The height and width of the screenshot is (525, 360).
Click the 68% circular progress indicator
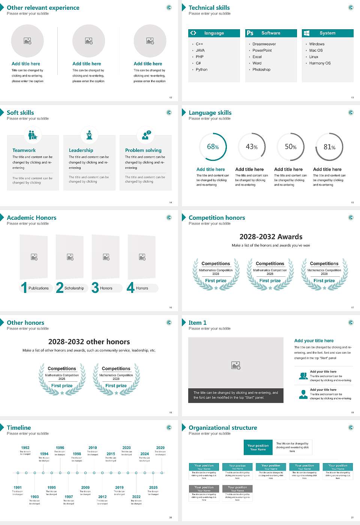coord(213,147)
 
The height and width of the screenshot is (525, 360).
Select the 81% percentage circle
coord(329,147)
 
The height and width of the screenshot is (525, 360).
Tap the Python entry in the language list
coord(201,69)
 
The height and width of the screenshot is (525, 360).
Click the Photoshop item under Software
coord(261,69)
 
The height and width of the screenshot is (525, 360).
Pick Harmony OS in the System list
coord(320,63)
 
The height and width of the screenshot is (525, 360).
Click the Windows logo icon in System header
coord(306,33)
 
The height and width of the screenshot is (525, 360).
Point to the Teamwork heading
coord(24,150)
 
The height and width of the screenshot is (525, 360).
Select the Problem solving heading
coord(143,150)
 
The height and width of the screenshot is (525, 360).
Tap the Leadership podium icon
coord(89,135)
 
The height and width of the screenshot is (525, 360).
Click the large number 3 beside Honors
coord(95,288)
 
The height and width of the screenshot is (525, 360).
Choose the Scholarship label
coord(74,288)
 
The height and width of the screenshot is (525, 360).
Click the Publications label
coord(39,288)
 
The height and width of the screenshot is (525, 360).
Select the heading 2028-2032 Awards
coord(271,237)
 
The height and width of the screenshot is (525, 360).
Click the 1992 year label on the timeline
coord(25,447)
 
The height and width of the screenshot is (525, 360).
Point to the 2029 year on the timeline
coord(160,447)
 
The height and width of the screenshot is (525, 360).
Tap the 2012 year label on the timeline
coord(102,496)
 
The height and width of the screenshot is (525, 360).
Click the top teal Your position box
coord(258,447)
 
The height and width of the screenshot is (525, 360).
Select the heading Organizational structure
coord(223,427)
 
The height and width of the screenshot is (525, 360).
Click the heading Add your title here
coord(314,340)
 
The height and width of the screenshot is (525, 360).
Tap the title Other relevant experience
coord(43,7)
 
